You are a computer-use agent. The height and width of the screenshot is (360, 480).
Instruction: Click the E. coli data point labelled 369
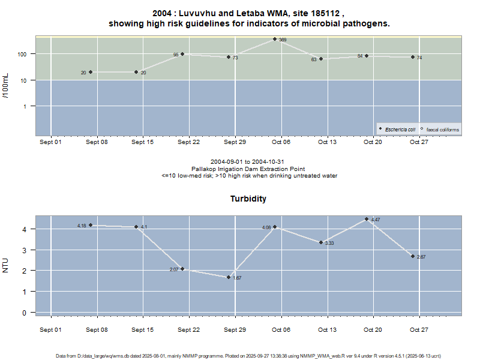tap(275, 39)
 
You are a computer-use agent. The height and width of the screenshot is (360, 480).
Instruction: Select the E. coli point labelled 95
tap(182, 54)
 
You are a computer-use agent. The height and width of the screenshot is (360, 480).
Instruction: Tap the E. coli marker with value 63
tap(321, 59)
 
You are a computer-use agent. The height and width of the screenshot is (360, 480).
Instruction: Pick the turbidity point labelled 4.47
tap(367, 219)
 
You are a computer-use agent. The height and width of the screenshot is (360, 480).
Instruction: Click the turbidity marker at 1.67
tap(229, 277)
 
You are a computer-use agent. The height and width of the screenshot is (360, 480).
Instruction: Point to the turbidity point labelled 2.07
tap(182, 269)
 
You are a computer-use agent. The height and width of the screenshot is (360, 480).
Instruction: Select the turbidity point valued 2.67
tap(413, 256)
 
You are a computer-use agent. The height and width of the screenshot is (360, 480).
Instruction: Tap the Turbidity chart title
tap(248, 199)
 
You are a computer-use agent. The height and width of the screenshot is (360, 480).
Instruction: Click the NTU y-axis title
tap(6, 265)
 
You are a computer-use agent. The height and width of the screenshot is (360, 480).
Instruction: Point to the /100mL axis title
tap(6, 86)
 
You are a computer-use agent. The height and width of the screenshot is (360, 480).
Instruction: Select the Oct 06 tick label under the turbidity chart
tap(281, 330)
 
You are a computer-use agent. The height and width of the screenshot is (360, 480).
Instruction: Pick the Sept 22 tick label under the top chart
tap(188, 142)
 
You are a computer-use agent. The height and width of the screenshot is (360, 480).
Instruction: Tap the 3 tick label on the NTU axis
tap(25, 250)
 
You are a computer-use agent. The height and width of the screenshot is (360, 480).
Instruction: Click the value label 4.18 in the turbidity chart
tap(82, 226)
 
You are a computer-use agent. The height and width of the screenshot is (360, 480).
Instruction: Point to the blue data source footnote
tap(248, 356)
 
